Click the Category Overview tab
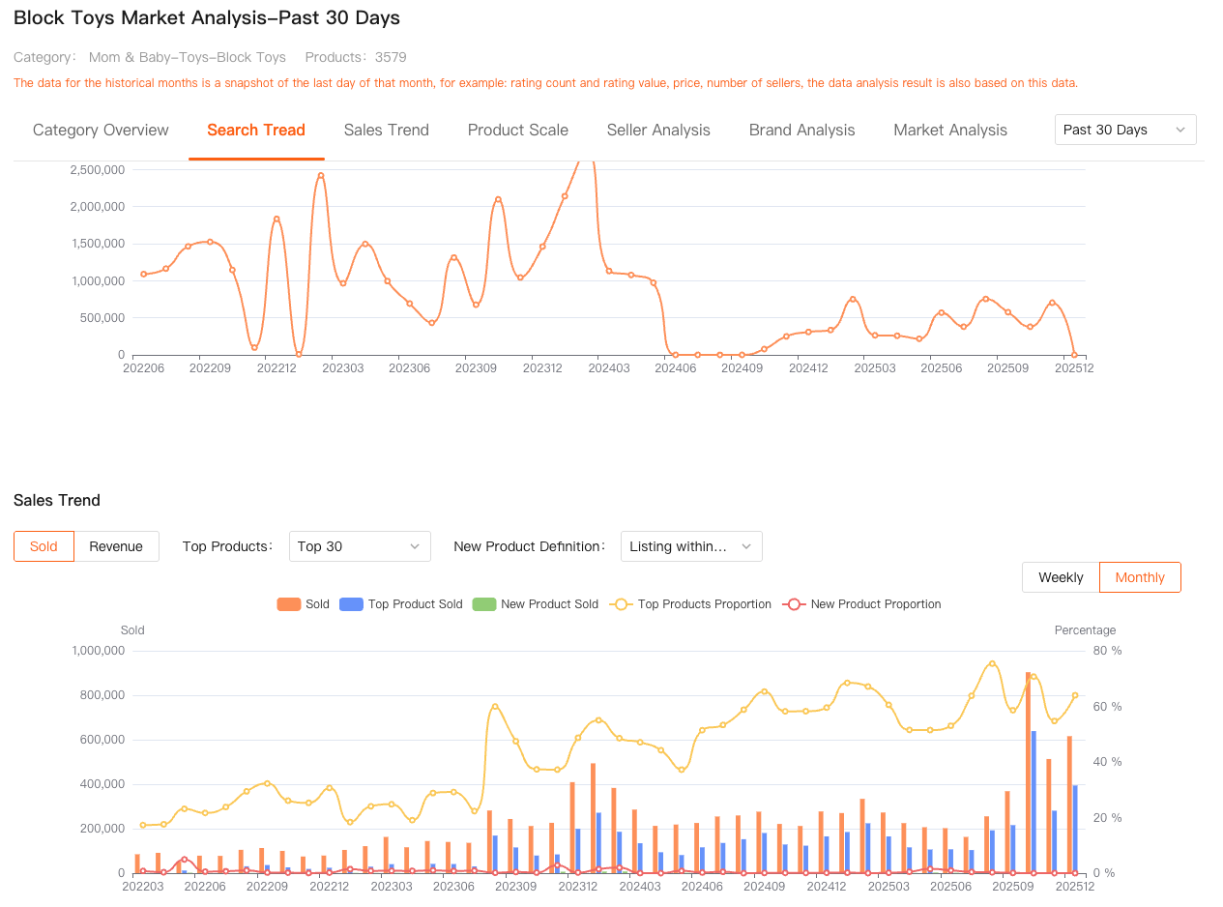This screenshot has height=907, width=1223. [x=101, y=130]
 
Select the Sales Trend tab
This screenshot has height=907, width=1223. [x=386, y=130]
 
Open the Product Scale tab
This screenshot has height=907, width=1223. [x=517, y=130]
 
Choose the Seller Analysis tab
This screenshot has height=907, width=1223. [x=658, y=130]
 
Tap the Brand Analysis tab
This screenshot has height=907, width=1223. [x=801, y=130]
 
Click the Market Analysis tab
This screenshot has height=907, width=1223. [x=949, y=130]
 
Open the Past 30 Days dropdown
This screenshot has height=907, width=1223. [x=1124, y=130]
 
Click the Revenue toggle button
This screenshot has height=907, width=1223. [x=116, y=546]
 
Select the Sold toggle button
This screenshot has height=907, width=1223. [x=44, y=546]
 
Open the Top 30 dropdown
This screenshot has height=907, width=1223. [x=360, y=546]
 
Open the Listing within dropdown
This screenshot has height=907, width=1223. [x=690, y=546]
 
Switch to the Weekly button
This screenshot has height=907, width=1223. [x=1061, y=577]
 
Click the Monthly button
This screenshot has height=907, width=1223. [x=1140, y=577]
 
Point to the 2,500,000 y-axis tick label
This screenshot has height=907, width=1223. [x=98, y=170]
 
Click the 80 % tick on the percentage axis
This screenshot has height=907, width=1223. [x=1108, y=651]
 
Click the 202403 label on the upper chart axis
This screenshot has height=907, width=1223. [x=609, y=368]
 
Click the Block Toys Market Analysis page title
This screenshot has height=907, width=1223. [x=207, y=18]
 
